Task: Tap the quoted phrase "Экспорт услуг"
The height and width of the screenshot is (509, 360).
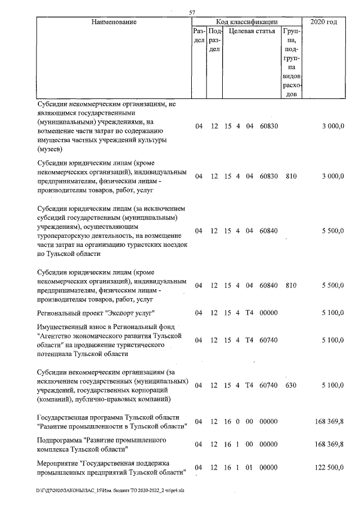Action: click(130, 313)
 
